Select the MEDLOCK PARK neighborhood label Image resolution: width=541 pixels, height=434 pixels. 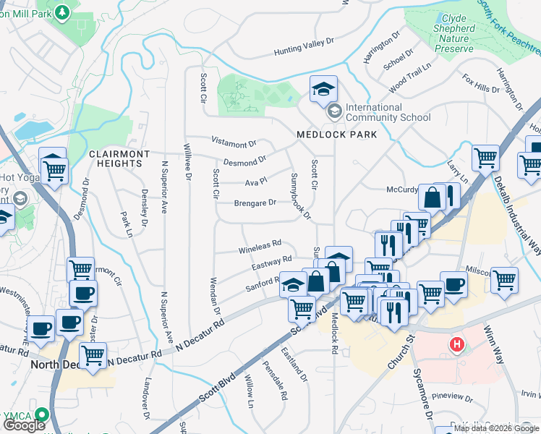point(327,135)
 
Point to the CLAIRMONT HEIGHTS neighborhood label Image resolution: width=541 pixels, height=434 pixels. point(119,158)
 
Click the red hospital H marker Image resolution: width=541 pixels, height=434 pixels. point(456,344)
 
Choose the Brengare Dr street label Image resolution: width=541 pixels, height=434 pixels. point(255,203)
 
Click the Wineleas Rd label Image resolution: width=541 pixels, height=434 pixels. point(260,250)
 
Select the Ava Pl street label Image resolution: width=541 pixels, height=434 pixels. point(256,181)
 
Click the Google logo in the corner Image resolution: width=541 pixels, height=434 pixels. point(23,425)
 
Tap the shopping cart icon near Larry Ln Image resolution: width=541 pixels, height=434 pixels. point(485,157)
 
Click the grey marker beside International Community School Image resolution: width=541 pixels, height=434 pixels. point(334,111)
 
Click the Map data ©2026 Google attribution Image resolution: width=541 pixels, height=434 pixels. point(496,429)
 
